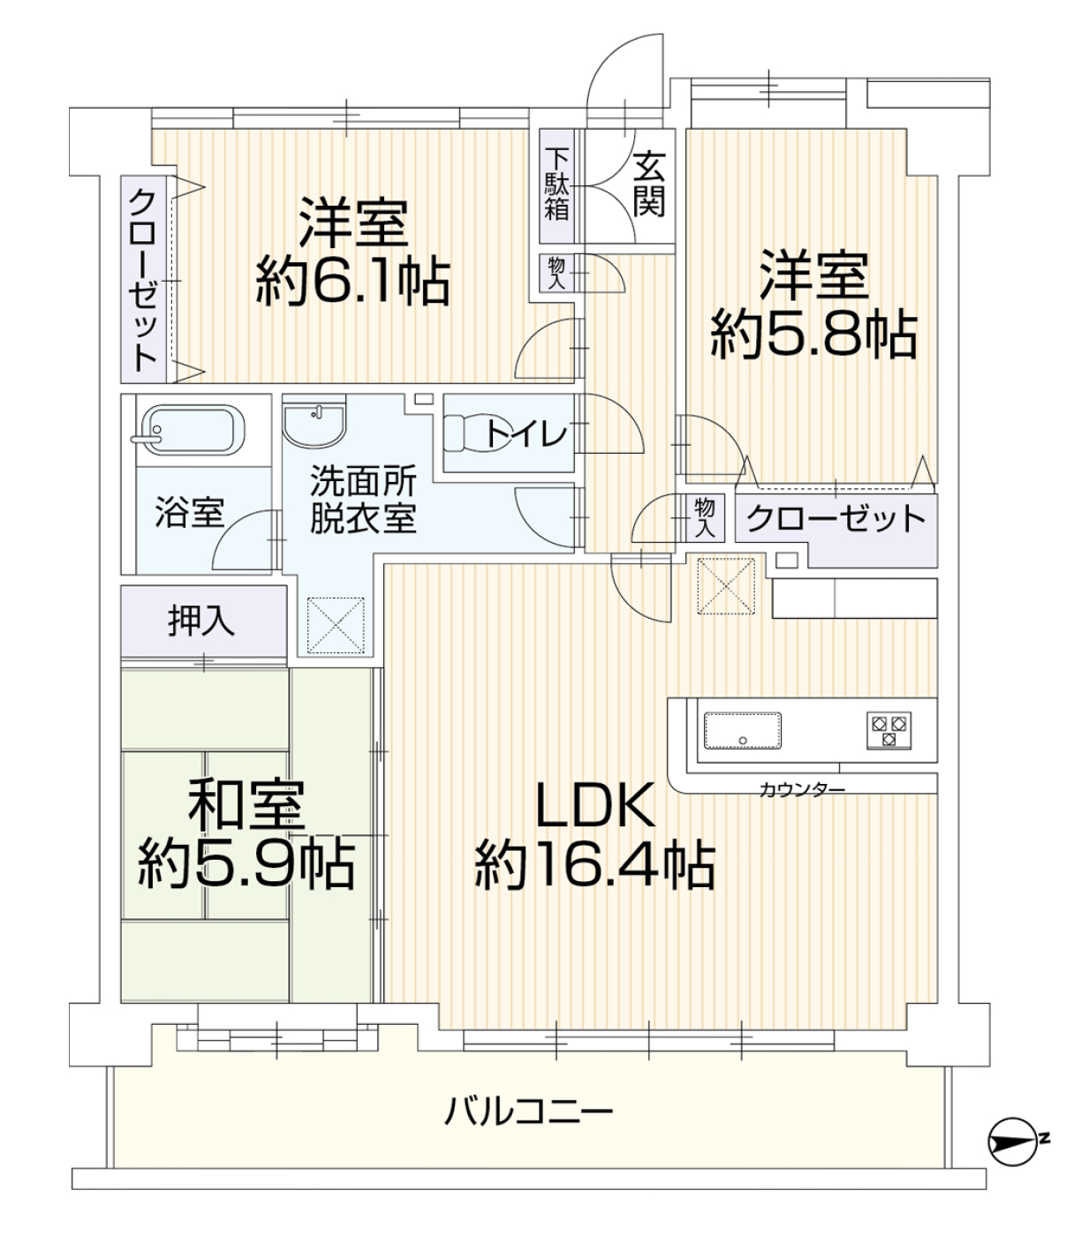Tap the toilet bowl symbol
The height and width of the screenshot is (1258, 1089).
(x=477, y=433)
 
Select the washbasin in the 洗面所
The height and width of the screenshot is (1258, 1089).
(x=314, y=420)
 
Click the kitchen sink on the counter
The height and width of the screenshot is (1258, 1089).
(x=743, y=730)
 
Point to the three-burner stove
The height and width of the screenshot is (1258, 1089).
(x=889, y=730)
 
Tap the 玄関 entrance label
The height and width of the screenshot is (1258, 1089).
(x=648, y=185)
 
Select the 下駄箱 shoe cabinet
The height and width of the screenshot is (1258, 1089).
(x=556, y=185)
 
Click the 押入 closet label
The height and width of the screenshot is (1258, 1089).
(x=201, y=621)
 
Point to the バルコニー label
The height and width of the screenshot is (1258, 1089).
(x=529, y=1113)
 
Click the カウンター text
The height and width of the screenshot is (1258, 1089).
(x=802, y=791)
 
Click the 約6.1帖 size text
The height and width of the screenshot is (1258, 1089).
(x=353, y=282)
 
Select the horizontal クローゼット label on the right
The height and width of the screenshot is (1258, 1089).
(x=836, y=519)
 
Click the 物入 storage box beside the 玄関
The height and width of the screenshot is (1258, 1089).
(x=556, y=273)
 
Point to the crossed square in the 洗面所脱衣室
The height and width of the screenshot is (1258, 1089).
(x=336, y=626)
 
